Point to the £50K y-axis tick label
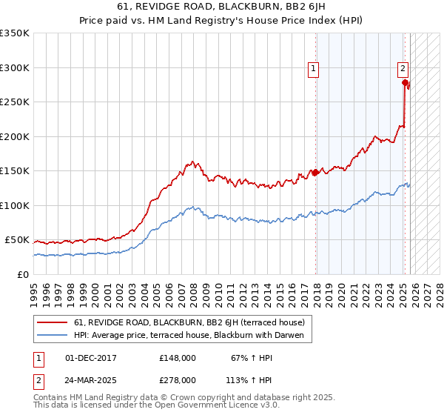pos(16,240)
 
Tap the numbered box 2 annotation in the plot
pos(403,69)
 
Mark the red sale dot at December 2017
pos(316,173)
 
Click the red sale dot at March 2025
pos(406,83)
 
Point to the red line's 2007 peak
pos(192,162)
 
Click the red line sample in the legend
pos(53,322)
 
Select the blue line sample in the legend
pos(53,335)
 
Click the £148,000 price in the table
pos(177,359)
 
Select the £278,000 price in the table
pos(177,379)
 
